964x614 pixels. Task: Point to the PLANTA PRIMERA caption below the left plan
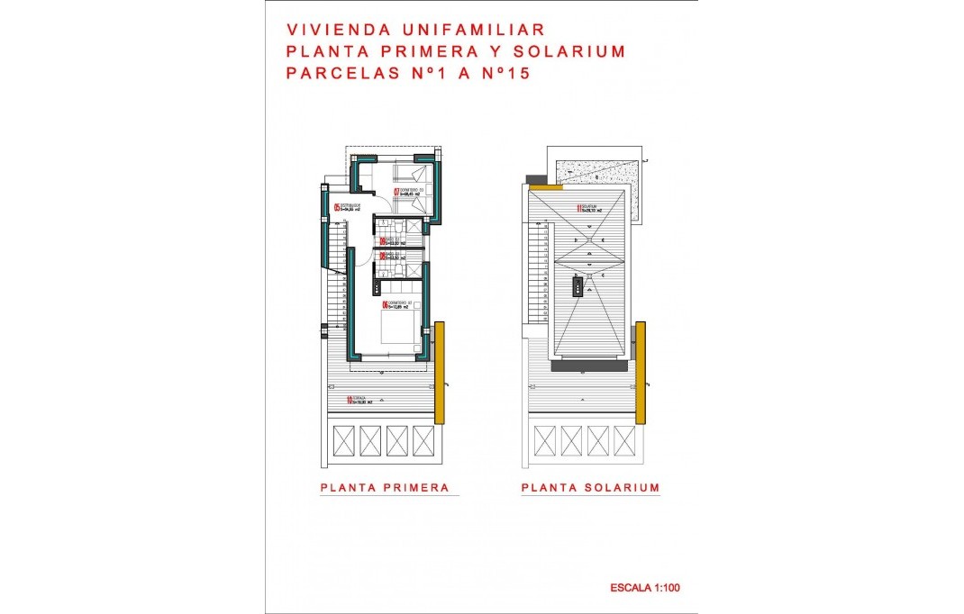pos(385,488)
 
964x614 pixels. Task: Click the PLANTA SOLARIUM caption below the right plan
pos(590,488)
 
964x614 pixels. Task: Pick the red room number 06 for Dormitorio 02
pos(385,305)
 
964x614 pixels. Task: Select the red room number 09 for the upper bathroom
pos(382,241)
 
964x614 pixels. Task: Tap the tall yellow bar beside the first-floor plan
pos(440,372)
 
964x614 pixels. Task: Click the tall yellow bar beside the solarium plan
pos(641,372)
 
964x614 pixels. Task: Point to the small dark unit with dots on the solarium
pos(577,287)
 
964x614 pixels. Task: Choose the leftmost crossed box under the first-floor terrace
pos(346,440)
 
